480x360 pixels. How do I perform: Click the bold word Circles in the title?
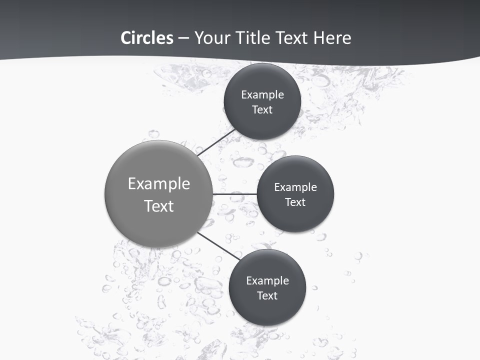[x=147, y=38]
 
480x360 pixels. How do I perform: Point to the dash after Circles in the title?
[x=183, y=38]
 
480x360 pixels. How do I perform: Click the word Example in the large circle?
[x=159, y=184]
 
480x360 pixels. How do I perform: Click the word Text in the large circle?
[x=159, y=206]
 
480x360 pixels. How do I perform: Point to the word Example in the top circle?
[x=262, y=95]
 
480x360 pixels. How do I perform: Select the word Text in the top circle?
[x=262, y=109]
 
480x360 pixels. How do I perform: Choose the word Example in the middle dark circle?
[x=295, y=187]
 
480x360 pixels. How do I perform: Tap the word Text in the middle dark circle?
[x=295, y=202]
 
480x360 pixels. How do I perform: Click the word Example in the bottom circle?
[x=267, y=281]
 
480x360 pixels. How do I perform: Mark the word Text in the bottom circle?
[x=267, y=295]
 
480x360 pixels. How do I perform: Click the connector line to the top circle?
[x=216, y=142]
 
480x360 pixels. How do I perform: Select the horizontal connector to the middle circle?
[x=235, y=194]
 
